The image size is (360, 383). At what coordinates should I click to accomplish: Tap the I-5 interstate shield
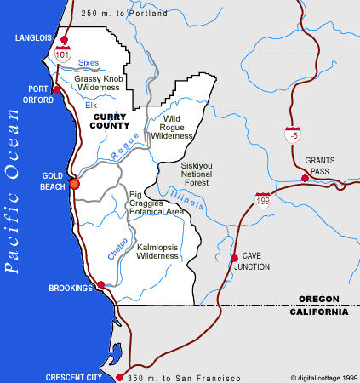(x=292, y=133)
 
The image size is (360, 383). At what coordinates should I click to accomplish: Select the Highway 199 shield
(x=263, y=198)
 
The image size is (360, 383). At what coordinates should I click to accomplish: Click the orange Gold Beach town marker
(x=74, y=183)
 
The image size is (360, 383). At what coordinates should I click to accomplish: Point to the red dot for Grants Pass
(x=305, y=178)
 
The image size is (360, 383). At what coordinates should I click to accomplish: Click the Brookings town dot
(x=100, y=285)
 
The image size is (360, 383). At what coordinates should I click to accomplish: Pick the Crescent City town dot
(x=119, y=377)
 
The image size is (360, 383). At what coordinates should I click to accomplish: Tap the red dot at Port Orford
(x=56, y=89)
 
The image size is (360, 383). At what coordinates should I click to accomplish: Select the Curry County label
(x=110, y=121)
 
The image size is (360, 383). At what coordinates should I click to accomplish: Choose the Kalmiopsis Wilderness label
(x=157, y=249)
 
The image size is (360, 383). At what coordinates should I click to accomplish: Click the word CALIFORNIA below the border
(x=319, y=312)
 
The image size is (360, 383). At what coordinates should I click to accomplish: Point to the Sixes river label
(x=89, y=63)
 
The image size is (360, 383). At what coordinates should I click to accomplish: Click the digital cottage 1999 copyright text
(x=323, y=377)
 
